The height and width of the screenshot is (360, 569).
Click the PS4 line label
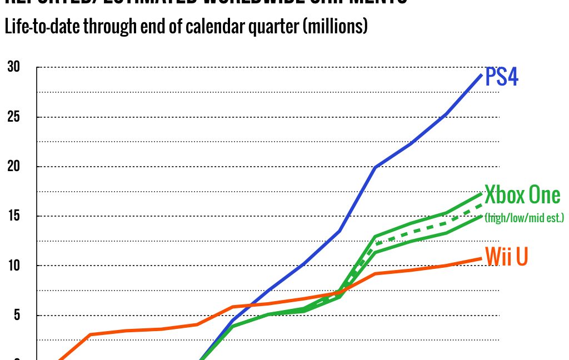[x=502, y=77]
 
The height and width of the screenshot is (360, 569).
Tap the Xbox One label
[x=522, y=195]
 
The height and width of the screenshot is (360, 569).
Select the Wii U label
[x=506, y=257]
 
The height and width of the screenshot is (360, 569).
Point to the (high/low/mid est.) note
[x=524, y=218]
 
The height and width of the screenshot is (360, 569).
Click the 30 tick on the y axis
[x=13, y=67]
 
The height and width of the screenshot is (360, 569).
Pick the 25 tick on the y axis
[x=13, y=117]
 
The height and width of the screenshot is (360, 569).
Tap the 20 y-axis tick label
[x=13, y=167]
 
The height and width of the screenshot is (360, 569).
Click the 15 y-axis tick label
[x=13, y=216]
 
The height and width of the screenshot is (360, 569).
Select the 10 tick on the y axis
[x=13, y=266]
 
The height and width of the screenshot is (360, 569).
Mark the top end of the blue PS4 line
[x=481, y=74]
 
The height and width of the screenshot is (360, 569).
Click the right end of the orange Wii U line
[x=481, y=258]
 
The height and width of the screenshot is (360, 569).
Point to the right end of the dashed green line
[x=481, y=204]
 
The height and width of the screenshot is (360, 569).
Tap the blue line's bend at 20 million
[x=376, y=167]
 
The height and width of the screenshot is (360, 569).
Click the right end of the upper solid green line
[x=481, y=193]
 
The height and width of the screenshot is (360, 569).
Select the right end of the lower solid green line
[x=481, y=216]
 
